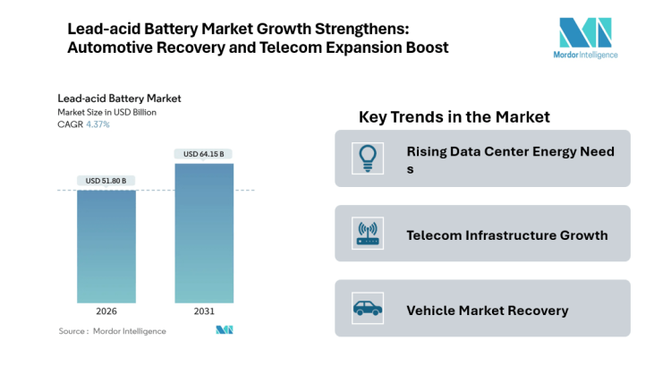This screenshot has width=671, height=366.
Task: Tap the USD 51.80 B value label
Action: [106, 181]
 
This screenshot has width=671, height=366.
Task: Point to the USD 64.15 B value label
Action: [204, 154]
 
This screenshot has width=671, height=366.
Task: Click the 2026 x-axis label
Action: [106, 312]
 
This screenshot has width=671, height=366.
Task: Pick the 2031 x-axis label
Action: [204, 312]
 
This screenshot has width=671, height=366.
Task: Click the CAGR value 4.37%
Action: [98, 124]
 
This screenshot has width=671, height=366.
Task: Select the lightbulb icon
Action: [367, 157]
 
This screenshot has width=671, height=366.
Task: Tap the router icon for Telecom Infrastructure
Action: [367, 234]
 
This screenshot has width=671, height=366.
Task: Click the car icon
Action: [367, 310]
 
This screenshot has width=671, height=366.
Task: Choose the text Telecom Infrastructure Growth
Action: [506, 235]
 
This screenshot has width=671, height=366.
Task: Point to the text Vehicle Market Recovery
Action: [487, 311]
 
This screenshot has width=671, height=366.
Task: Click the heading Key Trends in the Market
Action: [454, 117]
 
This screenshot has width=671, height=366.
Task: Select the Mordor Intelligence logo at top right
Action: [586, 38]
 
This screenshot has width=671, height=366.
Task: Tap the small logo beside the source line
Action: [225, 330]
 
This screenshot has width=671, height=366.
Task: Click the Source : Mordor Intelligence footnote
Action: [112, 331]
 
